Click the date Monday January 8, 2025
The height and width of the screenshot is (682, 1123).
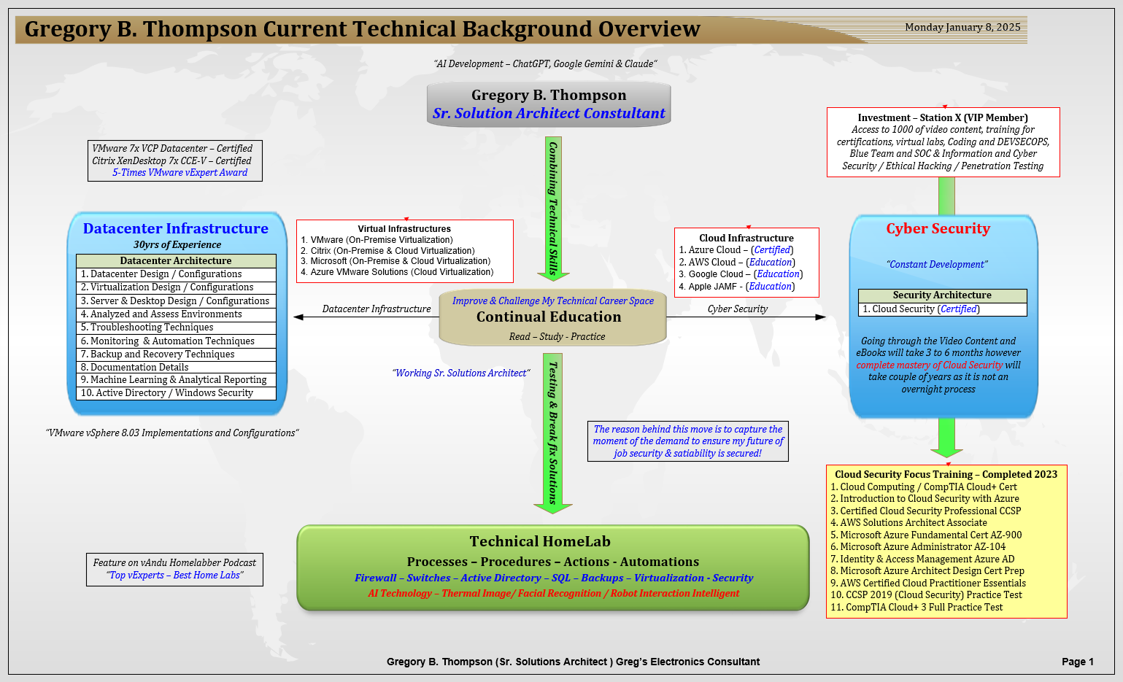pos(962,27)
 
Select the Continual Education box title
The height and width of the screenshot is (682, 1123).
pos(549,317)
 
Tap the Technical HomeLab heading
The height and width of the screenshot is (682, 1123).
pos(540,541)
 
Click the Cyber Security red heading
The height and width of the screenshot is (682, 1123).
pos(938,228)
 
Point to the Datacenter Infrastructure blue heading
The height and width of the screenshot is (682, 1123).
pos(175,228)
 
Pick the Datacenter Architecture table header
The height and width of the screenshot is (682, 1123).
pos(176,260)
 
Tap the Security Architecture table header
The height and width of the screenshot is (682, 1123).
pos(942,295)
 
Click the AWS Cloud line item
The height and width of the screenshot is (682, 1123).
pos(737,263)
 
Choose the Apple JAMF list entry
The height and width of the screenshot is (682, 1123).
pos(737,287)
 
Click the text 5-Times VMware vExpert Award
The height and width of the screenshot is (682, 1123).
pos(180,173)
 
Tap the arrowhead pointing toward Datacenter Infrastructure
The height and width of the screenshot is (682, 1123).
pos(298,317)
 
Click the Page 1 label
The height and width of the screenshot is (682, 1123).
pos(1077,662)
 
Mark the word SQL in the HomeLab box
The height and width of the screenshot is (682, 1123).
pos(560,578)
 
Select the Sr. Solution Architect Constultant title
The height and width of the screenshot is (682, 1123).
pos(549,113)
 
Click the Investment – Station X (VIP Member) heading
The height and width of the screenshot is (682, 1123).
pos(943,117)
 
